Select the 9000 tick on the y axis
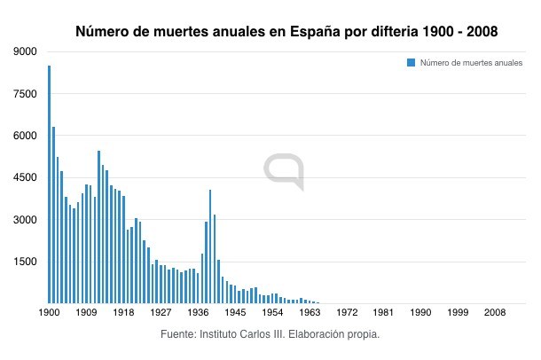(x=25, y=51)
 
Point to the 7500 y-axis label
(x=25, y=94)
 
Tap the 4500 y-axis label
(x=25, y=178)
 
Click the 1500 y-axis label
(x=25, y=262)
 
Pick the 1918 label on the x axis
(x=123, y=313)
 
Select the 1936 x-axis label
(x=198, y=313)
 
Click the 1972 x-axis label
(x=347, y=313)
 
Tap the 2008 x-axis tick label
(x=495, y=313)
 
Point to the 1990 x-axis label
(x=421, y=313)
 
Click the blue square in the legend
(x=411, y=62)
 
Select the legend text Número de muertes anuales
(x=471, y=62)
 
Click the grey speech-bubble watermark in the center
(x=284, y=171)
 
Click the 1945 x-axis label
(x=235, y=313)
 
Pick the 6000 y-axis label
(x=25, y=136)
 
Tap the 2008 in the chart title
(x=479, y=31)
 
